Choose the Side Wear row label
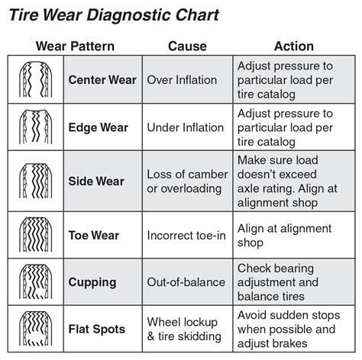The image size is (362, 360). pos(97,181)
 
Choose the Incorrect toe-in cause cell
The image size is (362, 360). pos(186,236)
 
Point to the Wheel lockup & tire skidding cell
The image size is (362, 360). pos(185,329)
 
